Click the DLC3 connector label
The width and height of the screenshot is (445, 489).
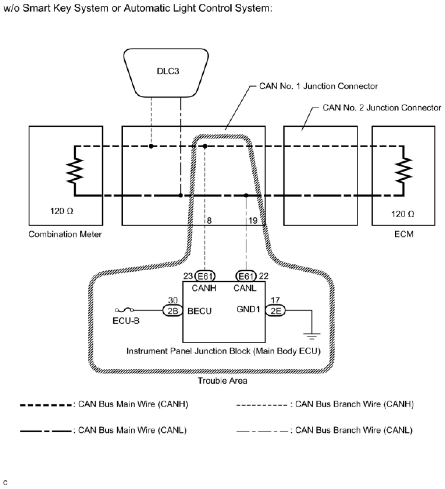pos(168,71)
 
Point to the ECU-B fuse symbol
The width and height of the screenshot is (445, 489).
pos(124,310)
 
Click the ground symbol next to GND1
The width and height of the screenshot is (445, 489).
pos(311,336)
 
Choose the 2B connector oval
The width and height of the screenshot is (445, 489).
pos(173,310)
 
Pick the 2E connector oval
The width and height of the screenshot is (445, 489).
pos(275,310)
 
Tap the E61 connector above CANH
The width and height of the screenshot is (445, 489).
pos(205,276)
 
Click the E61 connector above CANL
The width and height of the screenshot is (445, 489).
pos(246,276)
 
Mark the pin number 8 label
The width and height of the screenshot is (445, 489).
pos(209,221)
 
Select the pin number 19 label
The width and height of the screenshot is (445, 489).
pos(253,221)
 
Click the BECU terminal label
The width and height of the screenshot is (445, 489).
pos(199,311)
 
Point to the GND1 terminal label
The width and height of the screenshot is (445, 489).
pos(248,309)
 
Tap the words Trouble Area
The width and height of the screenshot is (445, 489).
pos(222,380)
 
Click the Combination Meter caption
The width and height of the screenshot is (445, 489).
pos(65,234)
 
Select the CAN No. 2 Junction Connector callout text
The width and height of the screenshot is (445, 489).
pos(382,108)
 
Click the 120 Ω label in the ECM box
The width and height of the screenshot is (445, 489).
pos(403,214)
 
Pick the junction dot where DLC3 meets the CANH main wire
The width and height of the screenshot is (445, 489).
pos(151,146)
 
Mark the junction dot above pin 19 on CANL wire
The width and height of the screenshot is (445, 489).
pos(246,195)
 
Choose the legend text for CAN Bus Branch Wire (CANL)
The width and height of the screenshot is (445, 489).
pos(354,430)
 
